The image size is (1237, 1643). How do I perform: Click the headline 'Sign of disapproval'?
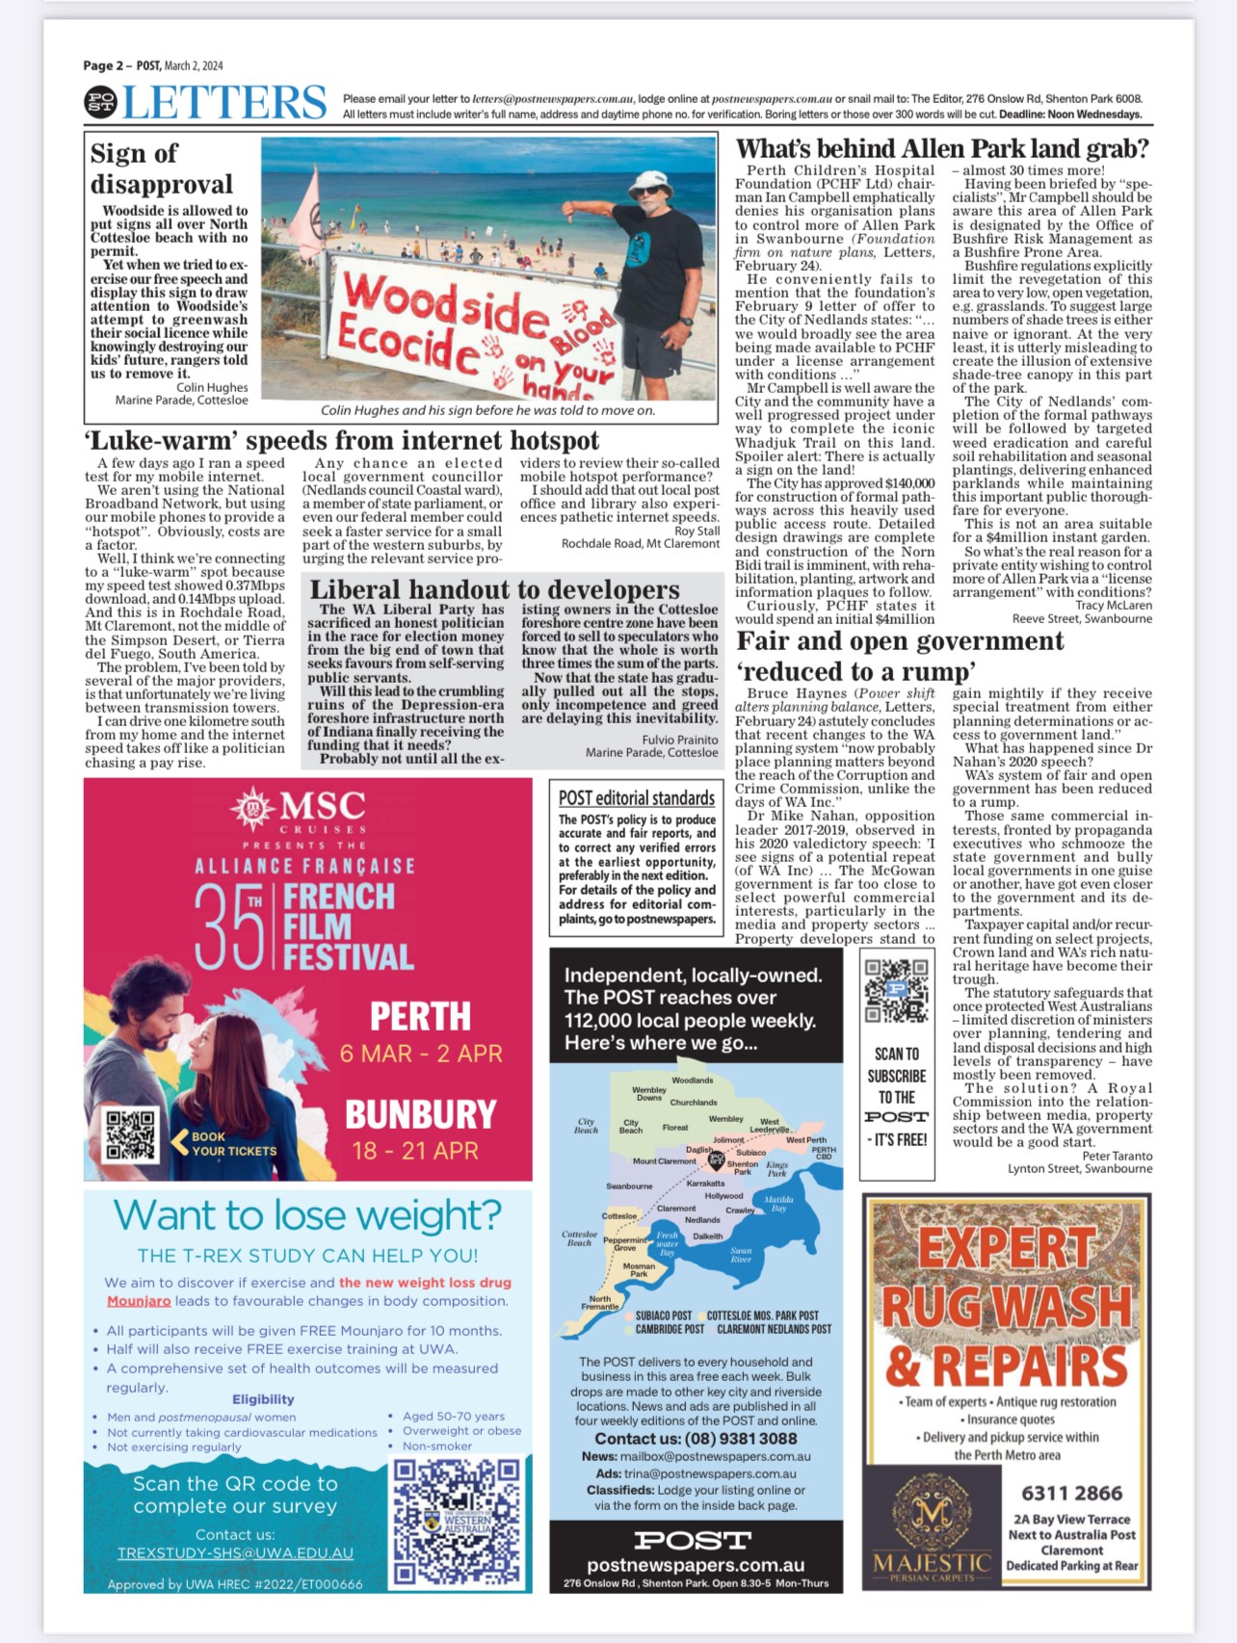pos(161,169)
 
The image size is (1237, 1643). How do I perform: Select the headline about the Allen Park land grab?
pos(942,148)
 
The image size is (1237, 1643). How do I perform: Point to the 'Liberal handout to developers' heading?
pos(494,589)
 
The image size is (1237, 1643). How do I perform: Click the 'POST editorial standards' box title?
pos(637,797)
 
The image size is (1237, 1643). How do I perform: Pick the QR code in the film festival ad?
pos(130,1135)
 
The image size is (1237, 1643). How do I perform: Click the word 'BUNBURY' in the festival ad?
pos(421,1115)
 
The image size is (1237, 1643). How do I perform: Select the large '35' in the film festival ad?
pos(229,926)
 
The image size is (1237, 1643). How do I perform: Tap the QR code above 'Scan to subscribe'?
pos(896,990)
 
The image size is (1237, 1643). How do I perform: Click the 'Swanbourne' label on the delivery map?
pos(629,1187)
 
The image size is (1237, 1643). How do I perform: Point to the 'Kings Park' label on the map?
pos(776,1169)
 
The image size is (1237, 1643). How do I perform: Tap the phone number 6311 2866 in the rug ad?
pos(1071,1494)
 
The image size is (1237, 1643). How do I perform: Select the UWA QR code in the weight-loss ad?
pos(457,1522)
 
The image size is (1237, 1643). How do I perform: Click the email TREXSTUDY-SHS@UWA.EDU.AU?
pos(235,1552)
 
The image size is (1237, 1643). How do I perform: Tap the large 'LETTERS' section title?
pos(224,102)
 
